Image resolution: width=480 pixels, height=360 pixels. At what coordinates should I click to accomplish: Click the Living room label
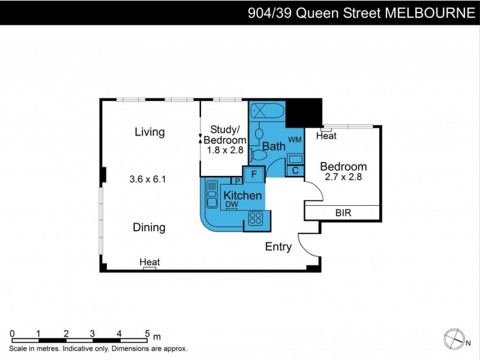coord(149,132)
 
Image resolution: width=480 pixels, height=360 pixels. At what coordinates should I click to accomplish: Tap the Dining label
coord(149,227)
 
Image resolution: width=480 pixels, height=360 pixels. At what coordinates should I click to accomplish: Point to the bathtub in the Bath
coord(267,111)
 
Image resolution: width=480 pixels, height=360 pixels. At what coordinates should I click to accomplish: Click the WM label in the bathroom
coord(295,139)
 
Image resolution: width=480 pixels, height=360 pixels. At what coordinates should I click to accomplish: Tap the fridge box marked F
coord(254,174)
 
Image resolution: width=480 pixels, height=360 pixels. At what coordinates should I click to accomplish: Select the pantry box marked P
coord(238,181)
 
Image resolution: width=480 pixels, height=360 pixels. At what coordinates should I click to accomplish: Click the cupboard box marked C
coord(295,170)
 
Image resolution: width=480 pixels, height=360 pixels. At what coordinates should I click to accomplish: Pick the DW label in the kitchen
coord(232,205)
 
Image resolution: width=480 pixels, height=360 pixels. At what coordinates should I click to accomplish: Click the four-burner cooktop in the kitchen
coord(256,218)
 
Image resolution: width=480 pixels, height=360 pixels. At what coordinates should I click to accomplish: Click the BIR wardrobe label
coord(343,213)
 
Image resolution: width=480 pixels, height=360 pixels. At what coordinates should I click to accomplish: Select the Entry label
coord(278,247)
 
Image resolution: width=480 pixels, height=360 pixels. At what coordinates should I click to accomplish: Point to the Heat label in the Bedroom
coord(326,136)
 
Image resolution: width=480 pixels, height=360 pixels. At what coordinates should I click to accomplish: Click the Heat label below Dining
coord(149,262)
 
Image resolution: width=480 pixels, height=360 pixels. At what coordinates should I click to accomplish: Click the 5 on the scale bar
coord(147,334)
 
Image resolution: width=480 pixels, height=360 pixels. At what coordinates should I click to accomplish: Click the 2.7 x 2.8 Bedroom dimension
coord(343,177)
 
